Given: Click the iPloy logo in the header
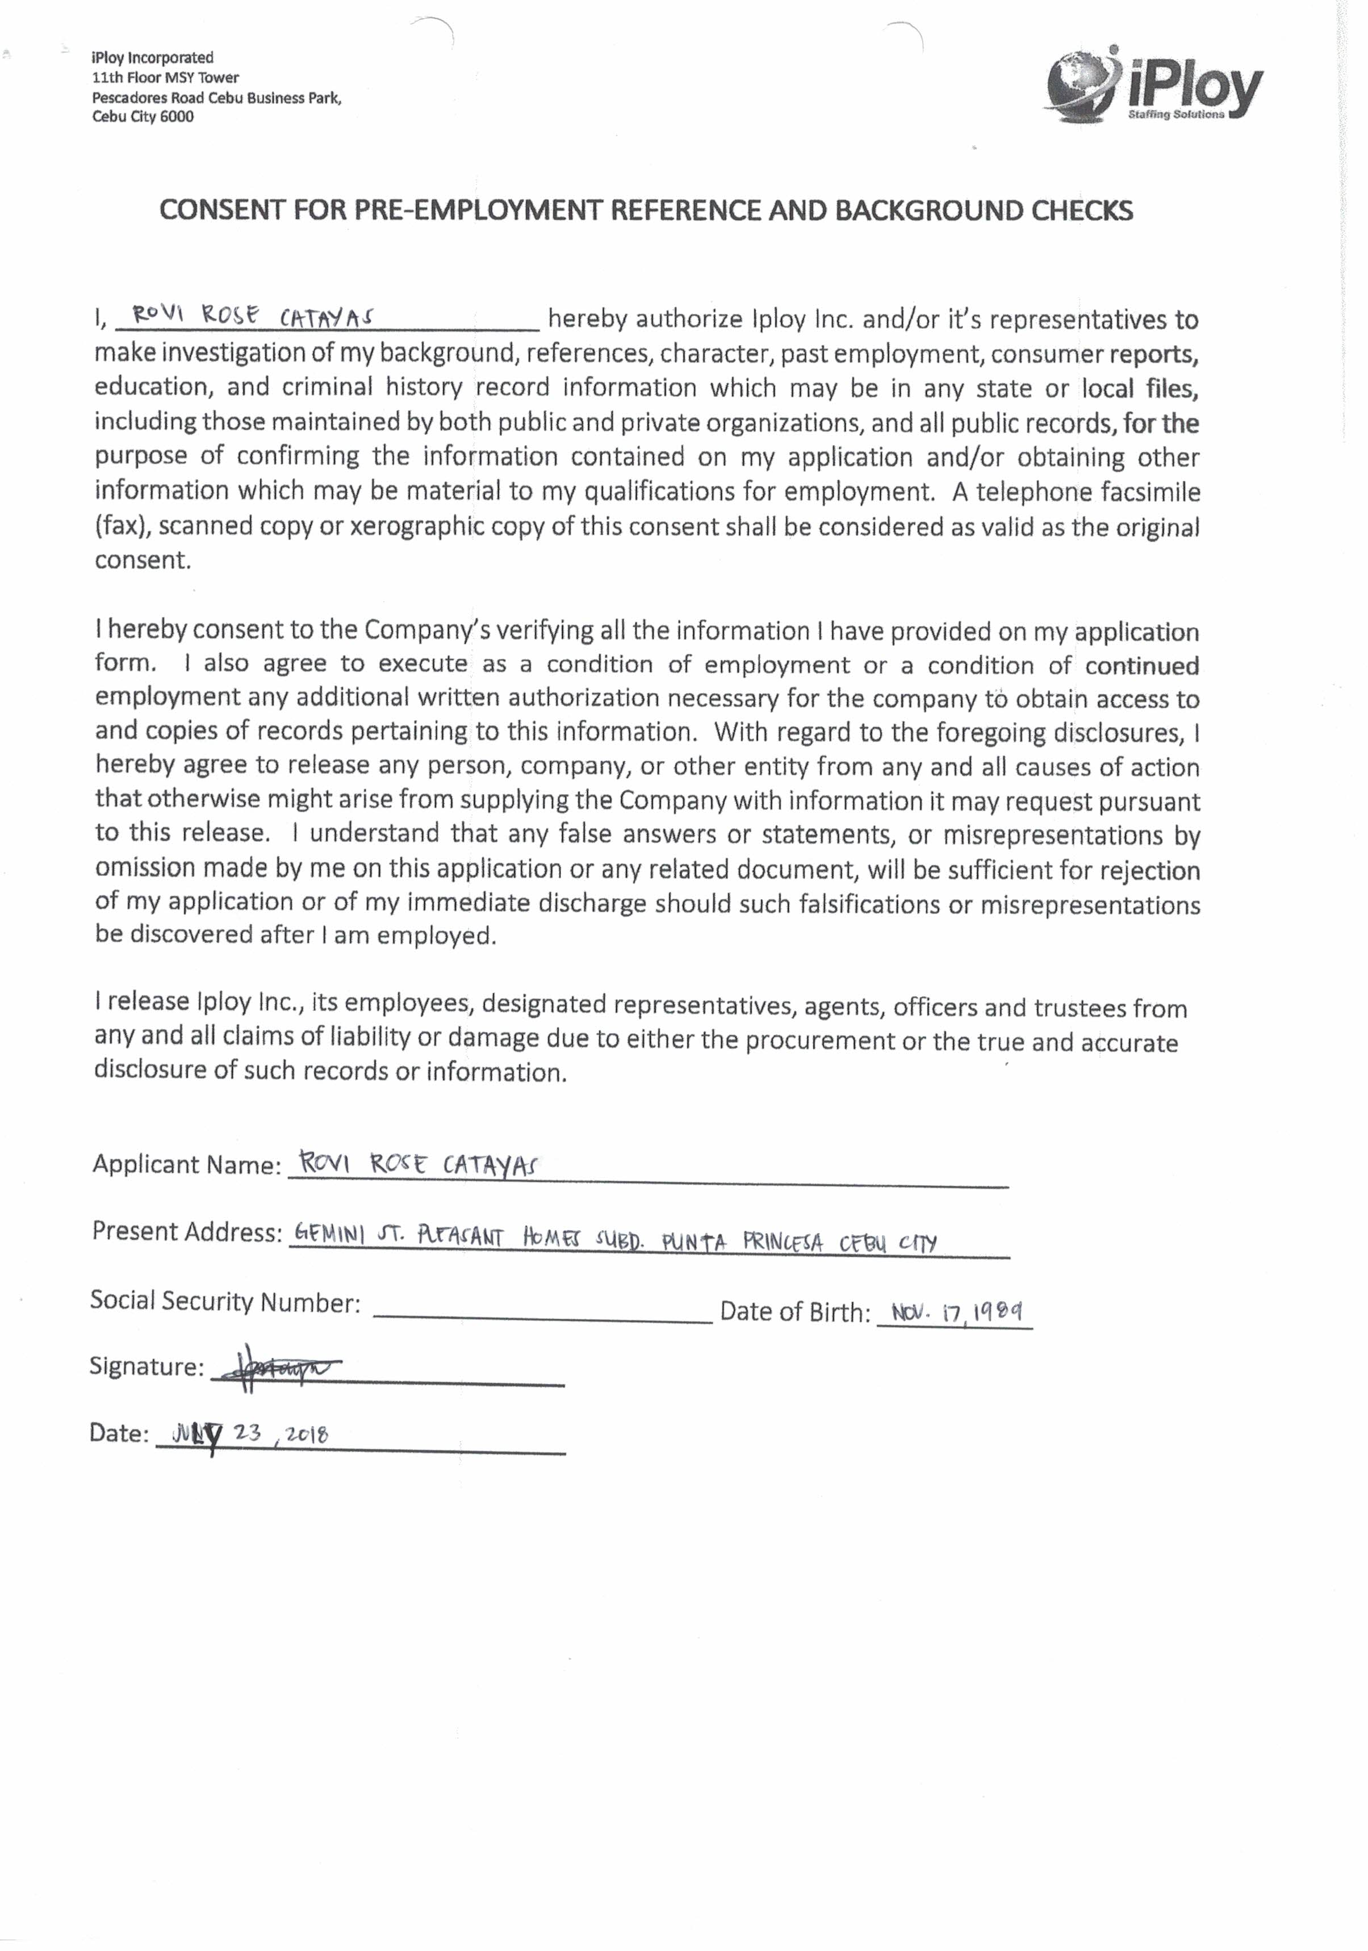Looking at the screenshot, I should click(1153, 86).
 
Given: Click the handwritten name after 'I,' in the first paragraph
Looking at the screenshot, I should click(253, 316).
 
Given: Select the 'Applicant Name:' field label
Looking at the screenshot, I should click(186, 1164).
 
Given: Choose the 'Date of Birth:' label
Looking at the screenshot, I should click(795, 1313).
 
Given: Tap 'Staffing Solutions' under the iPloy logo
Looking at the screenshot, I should click(1176, 115).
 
